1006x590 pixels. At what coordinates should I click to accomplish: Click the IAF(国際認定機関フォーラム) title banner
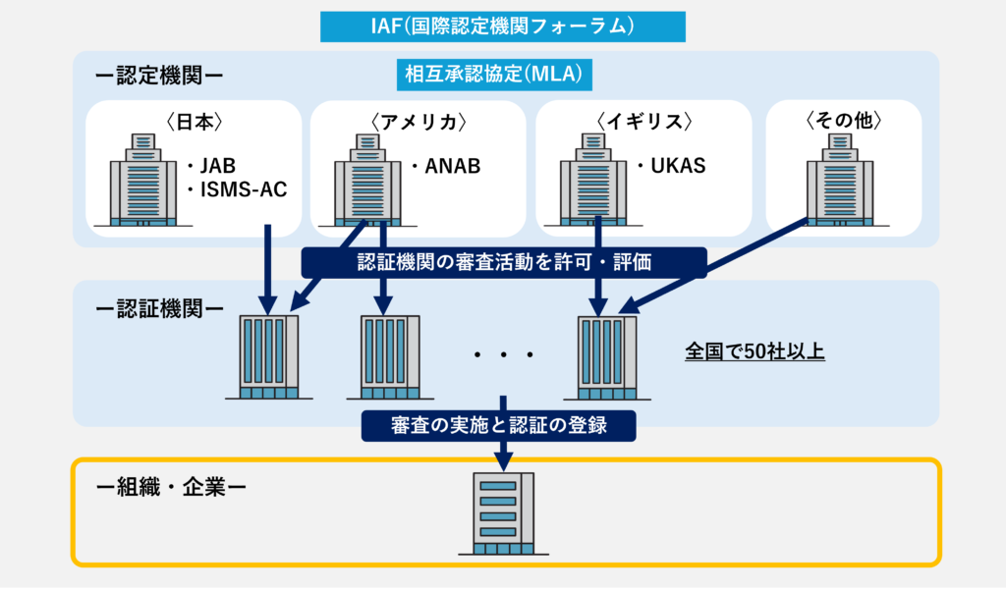pyautogui.click(x=502, y=27)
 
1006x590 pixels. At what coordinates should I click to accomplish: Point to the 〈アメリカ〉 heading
pyautogui.click(x=418, y=123)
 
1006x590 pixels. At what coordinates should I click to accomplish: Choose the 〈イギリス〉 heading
pyautogui.click(x=644, y=123)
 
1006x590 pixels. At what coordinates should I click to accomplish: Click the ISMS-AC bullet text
pyautogui.click(x=242, y=189)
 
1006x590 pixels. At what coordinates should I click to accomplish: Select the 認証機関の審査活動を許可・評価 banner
pyautogui.click(x=504, y=262)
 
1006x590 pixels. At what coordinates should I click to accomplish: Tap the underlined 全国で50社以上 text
pyautogui.click(x=754, y=351)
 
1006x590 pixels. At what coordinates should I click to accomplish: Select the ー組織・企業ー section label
pyautogui.click(x=172, y=487)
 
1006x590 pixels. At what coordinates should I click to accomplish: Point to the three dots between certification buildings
pyautogui.click(x=502, y=354)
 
